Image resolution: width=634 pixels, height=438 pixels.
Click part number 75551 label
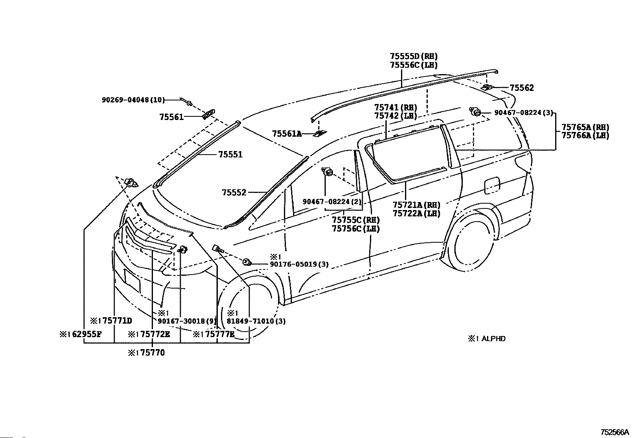point(231,155)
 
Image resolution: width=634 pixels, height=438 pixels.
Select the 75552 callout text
point(234,192)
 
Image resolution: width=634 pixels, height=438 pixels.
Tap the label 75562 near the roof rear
point(522,88)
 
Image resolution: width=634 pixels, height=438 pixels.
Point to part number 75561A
point(287,134)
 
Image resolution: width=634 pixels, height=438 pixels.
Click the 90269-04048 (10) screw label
point(133,100)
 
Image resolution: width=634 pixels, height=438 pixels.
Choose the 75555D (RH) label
point(413,56)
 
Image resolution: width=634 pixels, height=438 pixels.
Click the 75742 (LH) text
point(396,116)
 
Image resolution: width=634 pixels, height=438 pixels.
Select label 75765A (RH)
point(585,127)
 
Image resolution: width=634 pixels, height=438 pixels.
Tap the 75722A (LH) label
point(416,213)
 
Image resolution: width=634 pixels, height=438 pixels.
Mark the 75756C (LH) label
point(356,229)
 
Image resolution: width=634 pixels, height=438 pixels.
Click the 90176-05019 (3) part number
point(299,264)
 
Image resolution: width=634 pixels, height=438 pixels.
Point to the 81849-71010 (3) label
point(256,321)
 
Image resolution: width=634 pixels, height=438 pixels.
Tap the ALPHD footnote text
point(493,338)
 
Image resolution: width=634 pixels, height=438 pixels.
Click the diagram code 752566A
point(615,432)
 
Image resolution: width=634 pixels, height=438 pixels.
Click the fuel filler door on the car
point(492,186)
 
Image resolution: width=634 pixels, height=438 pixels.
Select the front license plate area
point(132,281)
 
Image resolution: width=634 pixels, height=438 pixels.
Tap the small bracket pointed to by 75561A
point(319,133)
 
